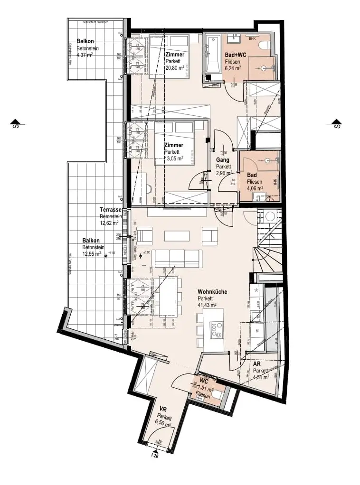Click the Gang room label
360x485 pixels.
tap(223, 160)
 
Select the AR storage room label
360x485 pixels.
tap(257, 364)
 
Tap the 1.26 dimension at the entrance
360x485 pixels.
tap(154, 457)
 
